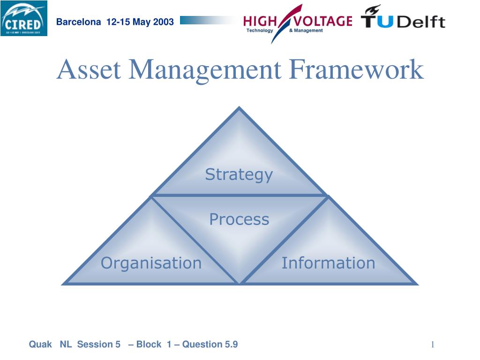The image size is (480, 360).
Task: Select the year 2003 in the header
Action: pos(163,22)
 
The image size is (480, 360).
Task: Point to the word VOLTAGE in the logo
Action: pos(322,21)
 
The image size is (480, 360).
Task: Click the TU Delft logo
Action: pos(403,18)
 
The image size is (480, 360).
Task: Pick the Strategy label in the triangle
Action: pos(239,174)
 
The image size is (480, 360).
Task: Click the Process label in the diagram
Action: pos(239,219)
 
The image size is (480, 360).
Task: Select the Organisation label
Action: pos(151,263)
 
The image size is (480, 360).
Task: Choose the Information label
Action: pos(328,263)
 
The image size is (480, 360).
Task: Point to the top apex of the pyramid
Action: pos(240,109)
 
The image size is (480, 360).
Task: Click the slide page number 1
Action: pos(433,345)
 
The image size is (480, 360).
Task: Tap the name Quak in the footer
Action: pos(40,345)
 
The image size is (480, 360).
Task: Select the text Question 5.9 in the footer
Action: pos(210,345)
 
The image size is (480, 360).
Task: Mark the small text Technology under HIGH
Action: pos(259,30)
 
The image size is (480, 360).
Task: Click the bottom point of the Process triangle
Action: pos(240,282)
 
